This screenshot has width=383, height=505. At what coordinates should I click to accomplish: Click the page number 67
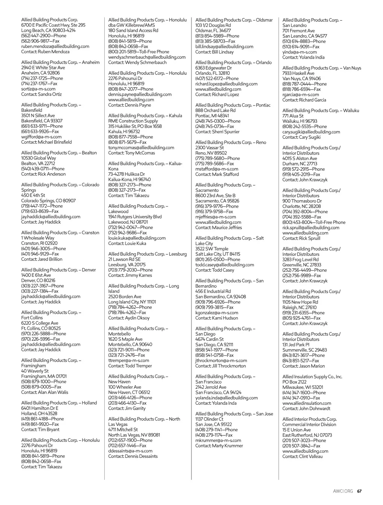[x=359, y=491]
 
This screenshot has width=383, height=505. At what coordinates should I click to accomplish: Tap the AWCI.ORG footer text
[x=343, y=491]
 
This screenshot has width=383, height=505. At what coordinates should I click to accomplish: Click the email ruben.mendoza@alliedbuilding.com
[x=55, y=46]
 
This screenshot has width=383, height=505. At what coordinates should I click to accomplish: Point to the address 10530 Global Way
[x=39, y=158]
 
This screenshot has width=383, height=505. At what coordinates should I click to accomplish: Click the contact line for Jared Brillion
[x=42, y=259]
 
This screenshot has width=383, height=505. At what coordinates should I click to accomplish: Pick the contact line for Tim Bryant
[x=40, y=429]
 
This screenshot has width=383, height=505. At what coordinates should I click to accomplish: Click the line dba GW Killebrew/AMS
[x=131, y=25]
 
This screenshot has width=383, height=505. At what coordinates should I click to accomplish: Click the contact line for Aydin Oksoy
[x=129, y=318]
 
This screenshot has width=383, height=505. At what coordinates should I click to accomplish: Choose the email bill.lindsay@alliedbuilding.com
[x=224, y=47]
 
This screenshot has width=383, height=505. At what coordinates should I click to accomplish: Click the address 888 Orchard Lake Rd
[x=215, y=110]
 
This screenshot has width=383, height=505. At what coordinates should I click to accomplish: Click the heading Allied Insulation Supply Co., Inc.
[x=312, y=377]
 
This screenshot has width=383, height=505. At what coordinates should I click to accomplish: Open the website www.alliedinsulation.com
[x=307, y=403]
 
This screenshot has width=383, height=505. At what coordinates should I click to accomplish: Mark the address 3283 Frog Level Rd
[x=300, y=259]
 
